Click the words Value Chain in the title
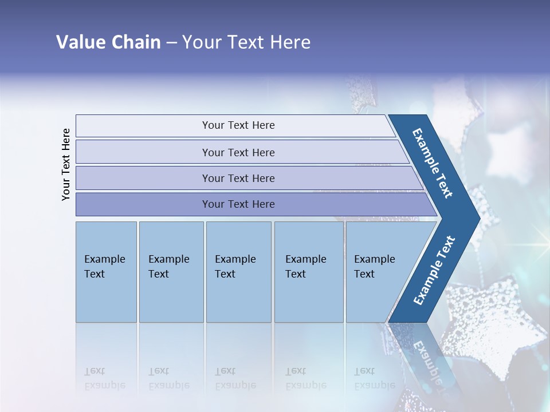pos(108,42)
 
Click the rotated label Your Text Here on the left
pos(66,164)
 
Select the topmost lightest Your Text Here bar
pos(238,125)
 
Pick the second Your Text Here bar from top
pos(238,152)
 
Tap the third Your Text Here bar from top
pos(238,178)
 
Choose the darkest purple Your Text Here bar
pos(238,204)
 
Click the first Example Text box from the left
pos(106,271)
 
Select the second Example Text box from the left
pos(171,271)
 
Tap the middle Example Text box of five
pos(238,271)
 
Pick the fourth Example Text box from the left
pos(308,271)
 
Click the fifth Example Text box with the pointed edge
pos(378,271)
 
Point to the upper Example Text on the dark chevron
pos(433,163)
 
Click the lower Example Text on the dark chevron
pos(434,270)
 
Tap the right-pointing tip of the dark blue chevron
pos(477,218)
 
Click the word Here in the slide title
pos(290,42)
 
